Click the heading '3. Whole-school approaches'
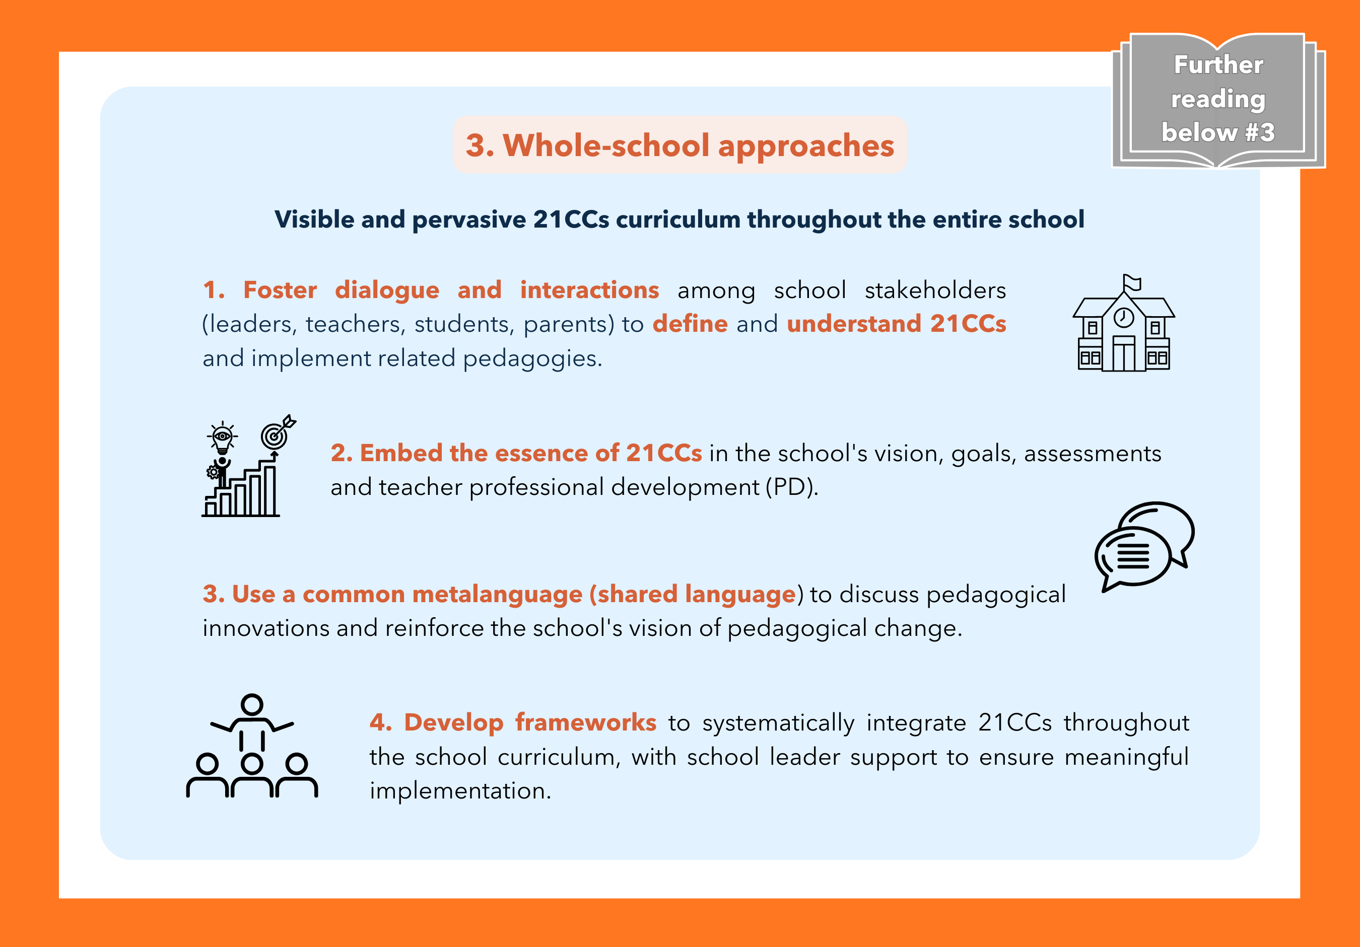679,145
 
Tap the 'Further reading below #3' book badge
1218,100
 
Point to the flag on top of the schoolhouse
1132,283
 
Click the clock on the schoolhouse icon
1124,317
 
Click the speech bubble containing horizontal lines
1132,558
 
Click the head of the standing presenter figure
252,704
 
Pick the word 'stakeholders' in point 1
935,290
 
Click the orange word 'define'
690,324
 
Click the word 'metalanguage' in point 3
497,594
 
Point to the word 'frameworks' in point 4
586,722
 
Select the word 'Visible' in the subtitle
314,219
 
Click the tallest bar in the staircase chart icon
269,490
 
